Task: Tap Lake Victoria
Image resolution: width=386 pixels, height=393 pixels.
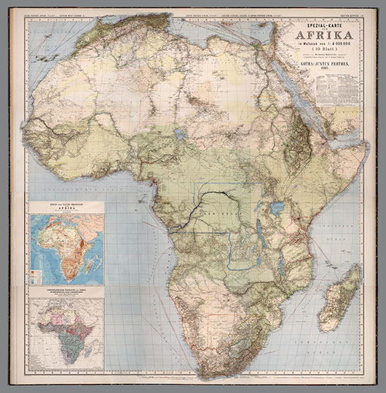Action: [x=277, y=208]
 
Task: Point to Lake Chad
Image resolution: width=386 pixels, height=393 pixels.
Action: [x=179, y=134]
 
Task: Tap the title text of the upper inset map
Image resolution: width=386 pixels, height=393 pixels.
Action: [x=66, y=207]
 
